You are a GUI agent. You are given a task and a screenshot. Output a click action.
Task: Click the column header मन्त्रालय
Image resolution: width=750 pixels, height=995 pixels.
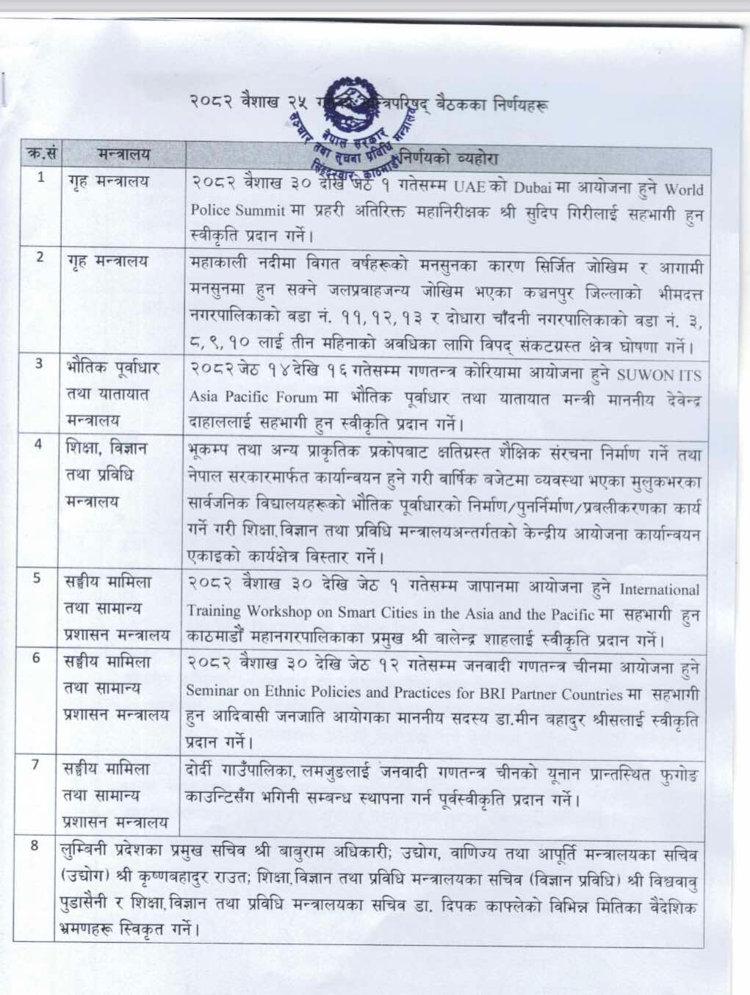pyautogui.click(x=122, y=154)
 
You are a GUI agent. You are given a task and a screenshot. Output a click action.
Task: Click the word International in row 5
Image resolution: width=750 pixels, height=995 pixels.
pyautogui.click(x=659, y=590)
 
